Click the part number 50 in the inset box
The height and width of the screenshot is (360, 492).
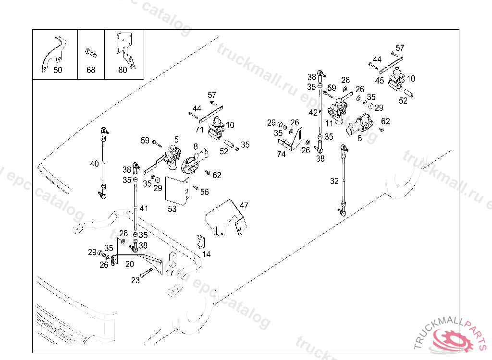coord(58,70)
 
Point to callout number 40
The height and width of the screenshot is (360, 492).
coord(94,164)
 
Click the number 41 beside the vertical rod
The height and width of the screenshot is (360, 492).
coord(144,208)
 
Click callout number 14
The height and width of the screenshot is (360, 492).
coord(207,254)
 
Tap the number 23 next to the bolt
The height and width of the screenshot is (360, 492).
coord(135,280)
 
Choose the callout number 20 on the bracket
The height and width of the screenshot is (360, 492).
coord(130,264)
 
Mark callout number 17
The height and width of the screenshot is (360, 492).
coord(170,273)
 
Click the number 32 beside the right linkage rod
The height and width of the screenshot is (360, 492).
coord(334,181)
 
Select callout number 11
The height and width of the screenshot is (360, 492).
coord(329,123)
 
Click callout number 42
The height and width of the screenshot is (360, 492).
coord(313,112)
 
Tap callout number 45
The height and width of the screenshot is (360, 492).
coord(380,81)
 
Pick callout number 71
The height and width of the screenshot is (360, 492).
coord(199,130)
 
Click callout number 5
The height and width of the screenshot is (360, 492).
coord(176,139)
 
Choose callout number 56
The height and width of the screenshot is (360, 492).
coord(205,192)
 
